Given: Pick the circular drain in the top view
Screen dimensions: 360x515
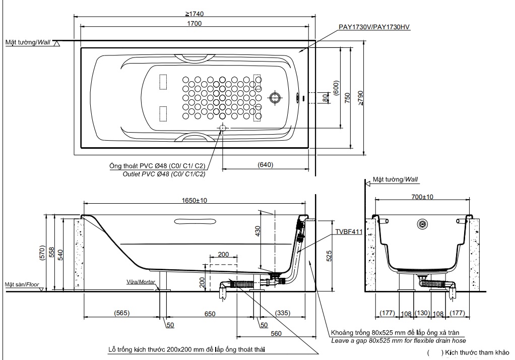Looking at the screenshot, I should point(276,97).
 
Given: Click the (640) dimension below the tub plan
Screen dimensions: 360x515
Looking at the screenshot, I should point(265,164).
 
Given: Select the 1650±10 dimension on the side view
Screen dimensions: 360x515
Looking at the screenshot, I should point(194,200).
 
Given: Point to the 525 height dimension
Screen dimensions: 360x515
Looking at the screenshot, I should point(329,256).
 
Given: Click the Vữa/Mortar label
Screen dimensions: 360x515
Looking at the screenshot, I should point(141,282).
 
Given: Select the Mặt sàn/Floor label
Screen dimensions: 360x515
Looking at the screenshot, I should point(22,284).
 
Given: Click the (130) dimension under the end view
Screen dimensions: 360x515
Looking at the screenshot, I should point(423,314).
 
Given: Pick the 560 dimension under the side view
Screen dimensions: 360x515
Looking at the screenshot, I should point(275,333).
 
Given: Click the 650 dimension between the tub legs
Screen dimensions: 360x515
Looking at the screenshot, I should point(210,314).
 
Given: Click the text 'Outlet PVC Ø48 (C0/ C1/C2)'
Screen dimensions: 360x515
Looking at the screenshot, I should point(164,174).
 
